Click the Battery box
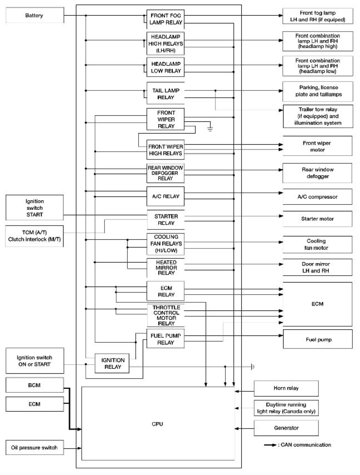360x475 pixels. [x=35, y=15]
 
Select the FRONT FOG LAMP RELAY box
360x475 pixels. [x=165, y=19]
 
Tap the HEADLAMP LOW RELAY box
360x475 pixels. [x=165, y=67]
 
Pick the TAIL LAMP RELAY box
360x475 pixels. [x=165, y=94]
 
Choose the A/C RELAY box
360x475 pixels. [x=165, y=196]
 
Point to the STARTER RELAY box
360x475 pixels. [x=166, y=220]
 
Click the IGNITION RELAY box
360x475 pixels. [x=112, y=363]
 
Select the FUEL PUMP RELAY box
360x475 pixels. [x=165, y=339]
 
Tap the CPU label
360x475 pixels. [x=157, y=424]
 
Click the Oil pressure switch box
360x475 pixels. [x=35, y=447]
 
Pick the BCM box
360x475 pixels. [x=35, y=385]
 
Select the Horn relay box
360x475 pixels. [x=286, y=388]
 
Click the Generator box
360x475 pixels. [x=286, y=428]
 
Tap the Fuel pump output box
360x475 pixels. [x=318, y=339]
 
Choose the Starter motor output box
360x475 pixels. [x=318, y=219]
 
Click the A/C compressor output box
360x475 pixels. [x=318, y=197]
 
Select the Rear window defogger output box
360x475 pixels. [x=317, y=173]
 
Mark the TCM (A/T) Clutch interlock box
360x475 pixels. [x=35, y=236]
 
